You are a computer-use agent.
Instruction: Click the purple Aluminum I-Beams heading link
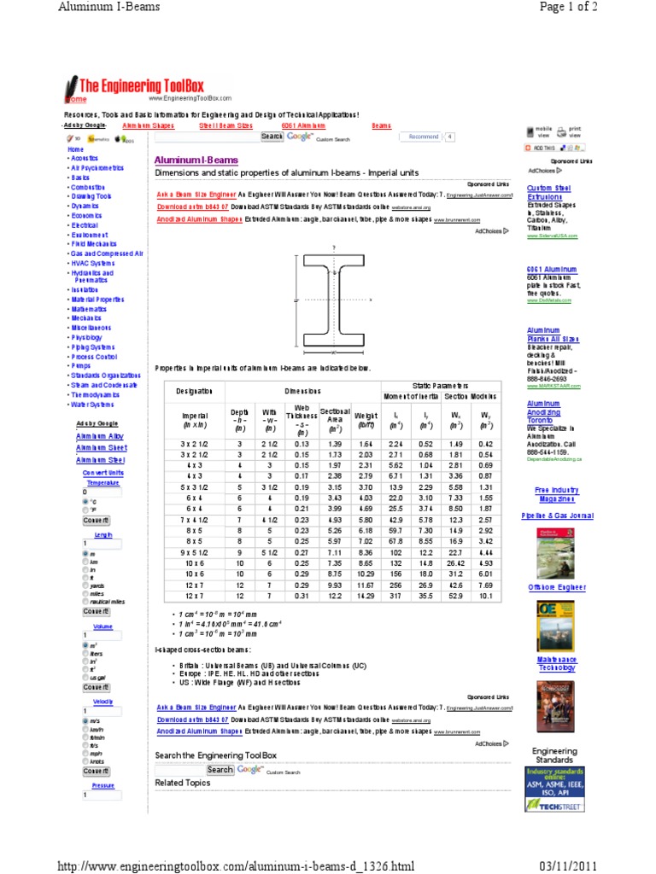pyautogui.click(x=196, y=160)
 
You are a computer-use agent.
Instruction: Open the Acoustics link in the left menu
pyautogui.click(x=85, y=158)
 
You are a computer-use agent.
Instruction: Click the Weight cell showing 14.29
pyautogui.click(x=366, y=594)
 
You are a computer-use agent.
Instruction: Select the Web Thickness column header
pyautogui.click(x=302, y=414)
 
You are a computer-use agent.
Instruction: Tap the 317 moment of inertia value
pyautogui.click(x=395, y=594)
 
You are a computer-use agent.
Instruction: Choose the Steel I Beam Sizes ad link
pyautogui.click(x=225, y=125)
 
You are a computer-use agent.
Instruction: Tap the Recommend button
pyautogui.click(x=424, y=137)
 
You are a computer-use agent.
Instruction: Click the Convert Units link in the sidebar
pyautogui.click(x=102, y=472)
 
